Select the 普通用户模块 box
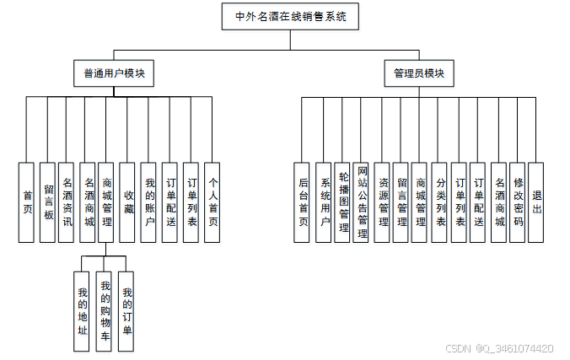(x=114, y=73)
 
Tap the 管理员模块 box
(x=418, y=73)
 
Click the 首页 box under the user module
(x=27, y=202)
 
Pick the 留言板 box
(x=47, y=202)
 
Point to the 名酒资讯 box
(x=67, y=202)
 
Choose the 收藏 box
(x=128, y=202)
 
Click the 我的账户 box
(x=149, y=202)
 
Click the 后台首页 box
(x=304, y=202)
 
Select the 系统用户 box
(x=324, y=202)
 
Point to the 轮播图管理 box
(x=342, y=202)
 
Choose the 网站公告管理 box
(x=362, y=202)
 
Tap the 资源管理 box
(x=382, y=202)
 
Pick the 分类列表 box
(x=440, y=202)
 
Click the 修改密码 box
(x=518, y=202)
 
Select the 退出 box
(x=537, y=202)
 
